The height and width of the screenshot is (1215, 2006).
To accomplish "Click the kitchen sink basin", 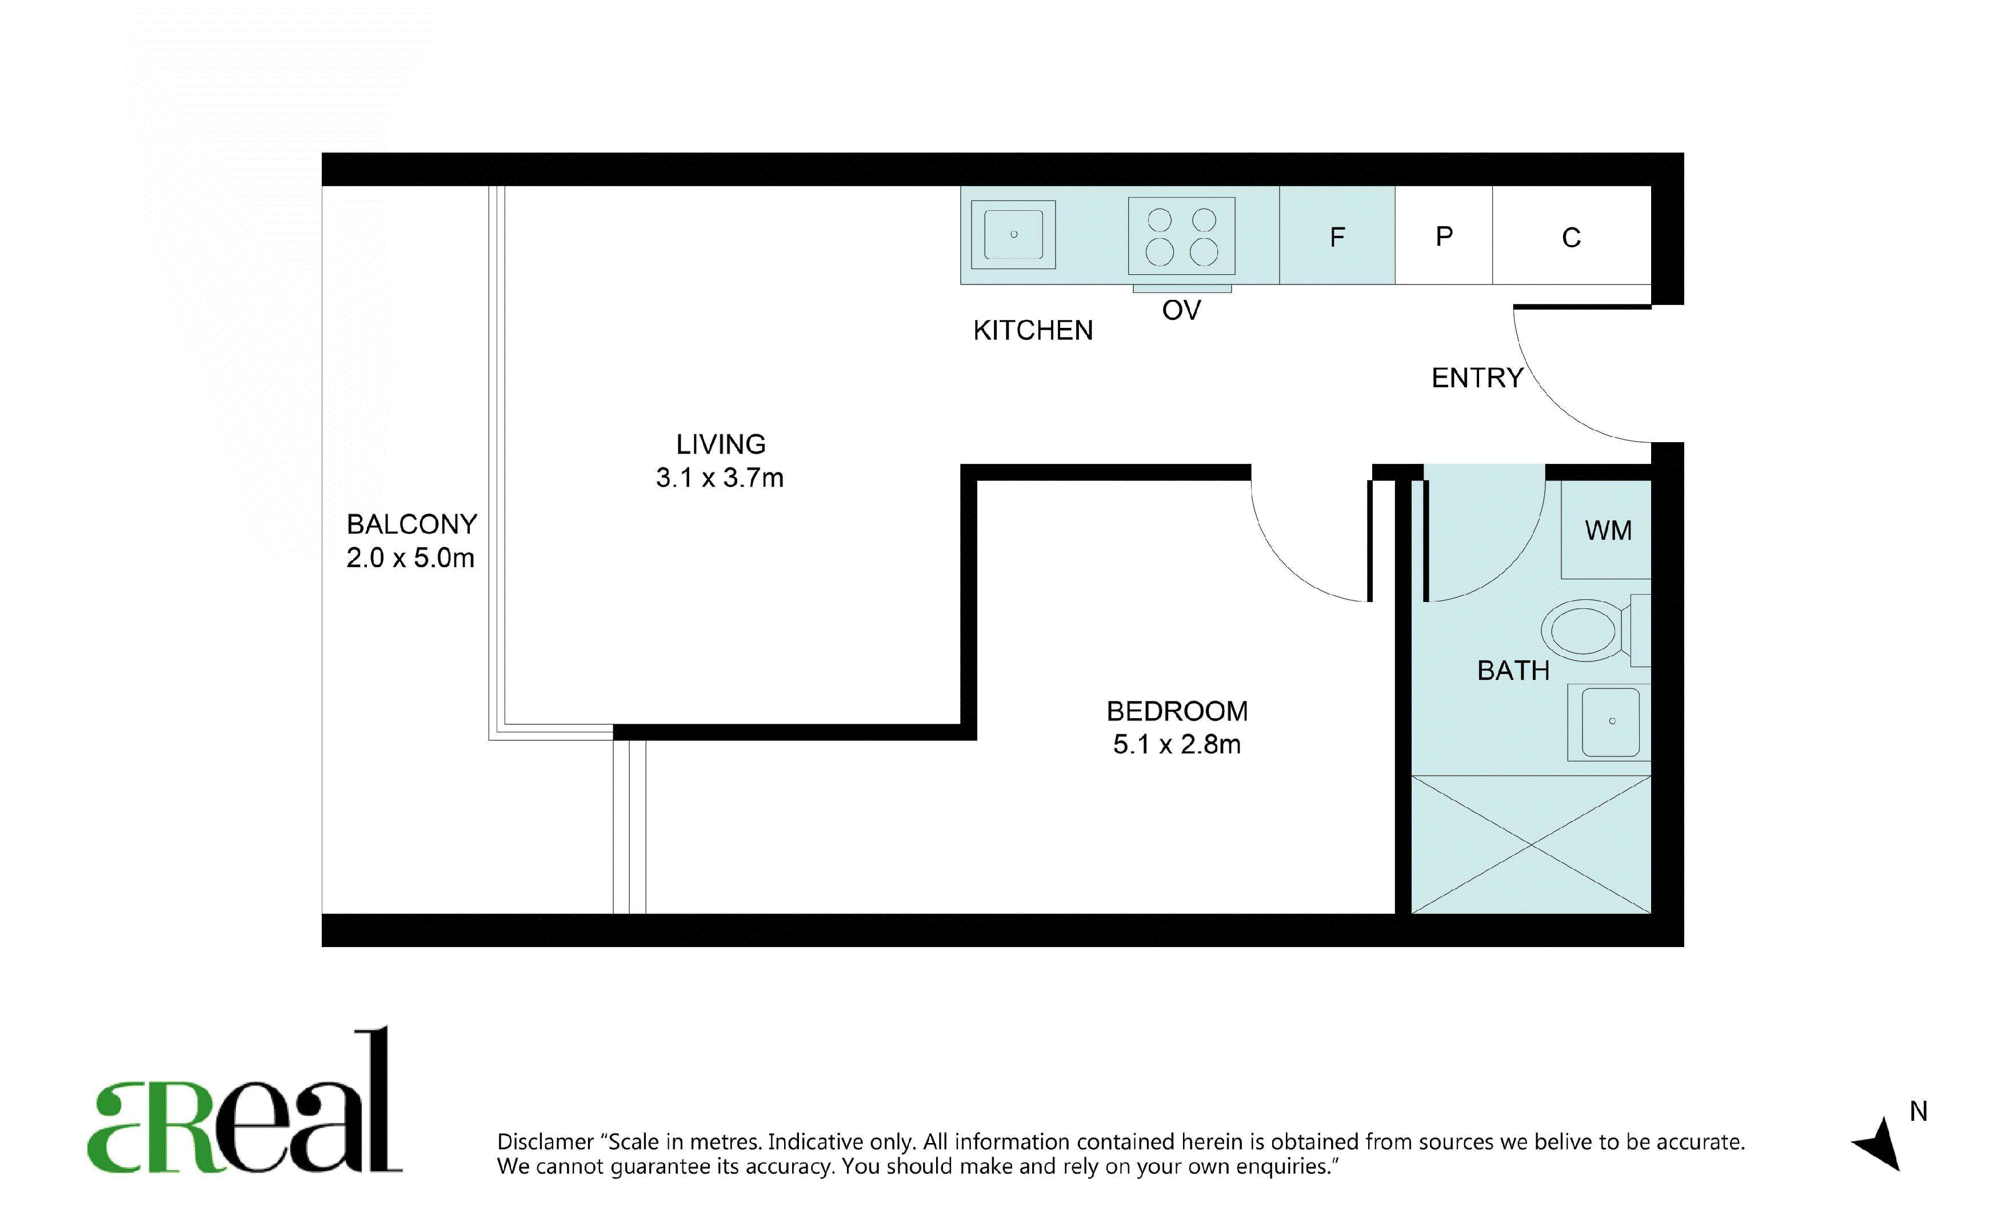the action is [1014, 234].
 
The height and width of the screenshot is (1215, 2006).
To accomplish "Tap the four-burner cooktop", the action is [1181, 236].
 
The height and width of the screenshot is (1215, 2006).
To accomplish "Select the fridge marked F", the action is [1337, 235].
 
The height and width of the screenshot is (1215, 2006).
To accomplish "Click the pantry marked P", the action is [1444, 235].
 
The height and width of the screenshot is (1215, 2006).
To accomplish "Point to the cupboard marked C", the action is [1571, 235].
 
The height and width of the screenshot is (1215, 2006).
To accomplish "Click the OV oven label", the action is [1181, 310].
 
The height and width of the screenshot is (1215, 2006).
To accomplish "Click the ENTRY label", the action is [1477, 378].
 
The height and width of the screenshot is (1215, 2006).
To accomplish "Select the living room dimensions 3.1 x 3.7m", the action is [720, 478].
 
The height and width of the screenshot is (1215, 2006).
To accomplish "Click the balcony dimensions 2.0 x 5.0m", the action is [410, 558].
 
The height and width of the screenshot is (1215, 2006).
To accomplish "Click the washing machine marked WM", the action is [1607, 530].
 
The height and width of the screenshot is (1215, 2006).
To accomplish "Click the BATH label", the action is [1513, 671].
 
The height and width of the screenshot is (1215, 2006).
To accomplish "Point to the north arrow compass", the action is [1881, 1142].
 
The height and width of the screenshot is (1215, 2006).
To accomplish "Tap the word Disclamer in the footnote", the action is [545, 1142].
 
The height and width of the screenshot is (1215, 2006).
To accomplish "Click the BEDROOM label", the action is [1176, 711].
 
